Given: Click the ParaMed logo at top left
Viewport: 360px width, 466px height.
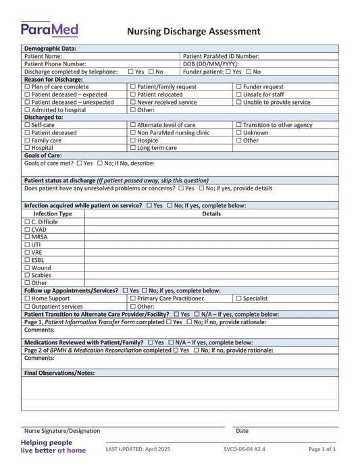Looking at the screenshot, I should coord(49,29).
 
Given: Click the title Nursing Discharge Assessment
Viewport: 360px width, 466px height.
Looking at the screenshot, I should coord(194,31).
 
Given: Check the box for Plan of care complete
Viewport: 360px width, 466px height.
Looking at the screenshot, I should coord(27,87).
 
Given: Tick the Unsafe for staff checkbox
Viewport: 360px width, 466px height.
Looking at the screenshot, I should coord(238,95).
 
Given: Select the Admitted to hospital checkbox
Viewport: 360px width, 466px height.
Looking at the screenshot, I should coord(27,110).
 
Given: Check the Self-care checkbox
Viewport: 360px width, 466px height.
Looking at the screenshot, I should coord(27,125).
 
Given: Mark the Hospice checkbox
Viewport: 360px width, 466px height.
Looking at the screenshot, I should coord(132,140).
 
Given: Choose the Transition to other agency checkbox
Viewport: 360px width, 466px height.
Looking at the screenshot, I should coord(238,125).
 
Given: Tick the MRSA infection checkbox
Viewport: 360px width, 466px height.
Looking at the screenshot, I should coord(27,237).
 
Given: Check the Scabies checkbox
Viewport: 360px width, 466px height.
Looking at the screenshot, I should coord(27,275).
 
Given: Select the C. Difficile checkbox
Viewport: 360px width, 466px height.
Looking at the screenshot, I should coord(27,222).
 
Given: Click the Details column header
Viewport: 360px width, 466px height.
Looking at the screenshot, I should coord(211,213).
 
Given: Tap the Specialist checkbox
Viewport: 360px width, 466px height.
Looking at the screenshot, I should coord(238,298).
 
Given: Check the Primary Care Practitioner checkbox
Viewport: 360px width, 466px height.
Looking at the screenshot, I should coord(132,298).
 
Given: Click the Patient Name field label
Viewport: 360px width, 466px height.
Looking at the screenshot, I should coord(43,57).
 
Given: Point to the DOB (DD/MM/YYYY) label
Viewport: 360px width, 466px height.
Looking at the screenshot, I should coord(211,64).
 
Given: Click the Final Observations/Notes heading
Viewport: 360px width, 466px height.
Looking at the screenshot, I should coord(59,373).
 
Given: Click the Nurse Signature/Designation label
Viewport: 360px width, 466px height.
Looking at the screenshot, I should coord(62,431).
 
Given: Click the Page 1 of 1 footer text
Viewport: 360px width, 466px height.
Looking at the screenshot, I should coord(322,449).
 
